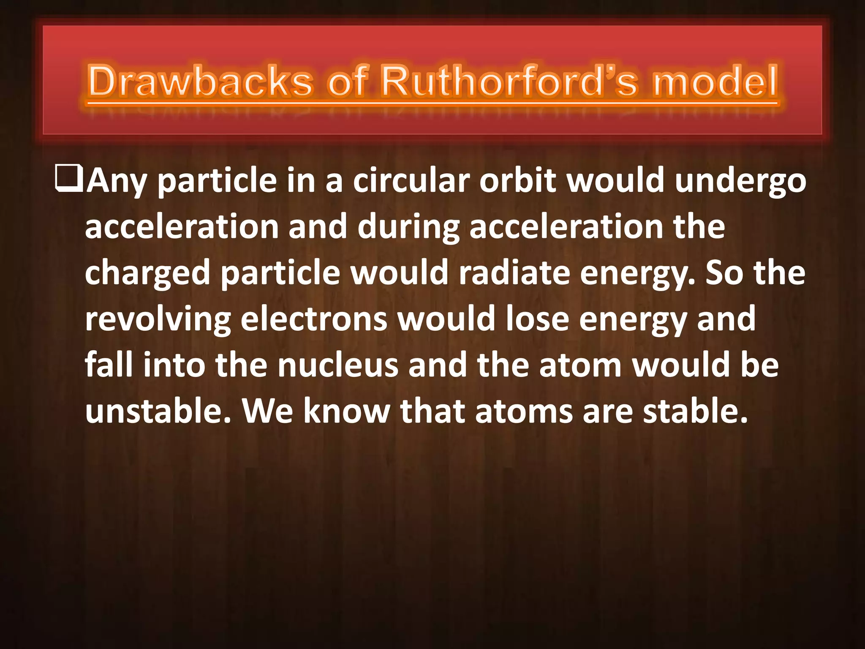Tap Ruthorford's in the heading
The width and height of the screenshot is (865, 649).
coord(509,81)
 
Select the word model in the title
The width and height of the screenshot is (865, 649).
coord(715,81)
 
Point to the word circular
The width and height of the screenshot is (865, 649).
coord(411,181)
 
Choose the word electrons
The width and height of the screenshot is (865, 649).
coord(314,319)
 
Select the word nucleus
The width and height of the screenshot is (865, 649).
coord(338,366)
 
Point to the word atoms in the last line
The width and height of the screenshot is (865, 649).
coord(524,412)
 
